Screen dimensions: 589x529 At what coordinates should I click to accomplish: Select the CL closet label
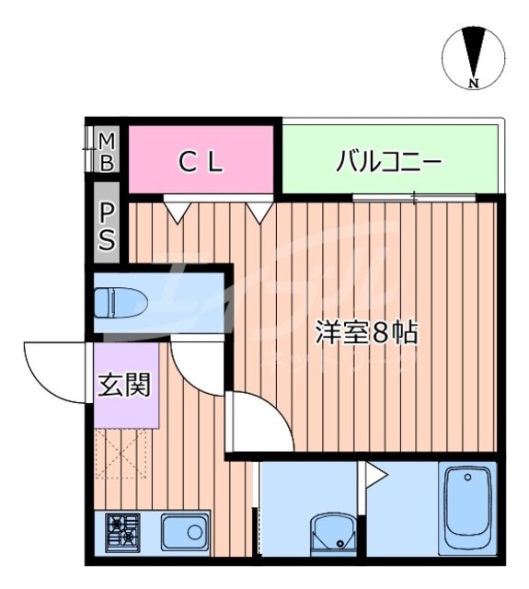201,163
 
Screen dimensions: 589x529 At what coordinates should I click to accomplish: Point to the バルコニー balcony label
389,163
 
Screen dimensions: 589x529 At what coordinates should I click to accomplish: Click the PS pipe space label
108,227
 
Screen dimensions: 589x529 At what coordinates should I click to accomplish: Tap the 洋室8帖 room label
367,332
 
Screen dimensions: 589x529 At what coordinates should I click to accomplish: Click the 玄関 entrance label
124,384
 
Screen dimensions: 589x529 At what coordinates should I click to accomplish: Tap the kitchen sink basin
182,531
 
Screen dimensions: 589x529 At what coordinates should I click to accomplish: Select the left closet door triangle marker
176,210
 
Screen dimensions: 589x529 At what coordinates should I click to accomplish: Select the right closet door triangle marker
258,211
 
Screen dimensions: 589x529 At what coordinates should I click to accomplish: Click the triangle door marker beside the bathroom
376,474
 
